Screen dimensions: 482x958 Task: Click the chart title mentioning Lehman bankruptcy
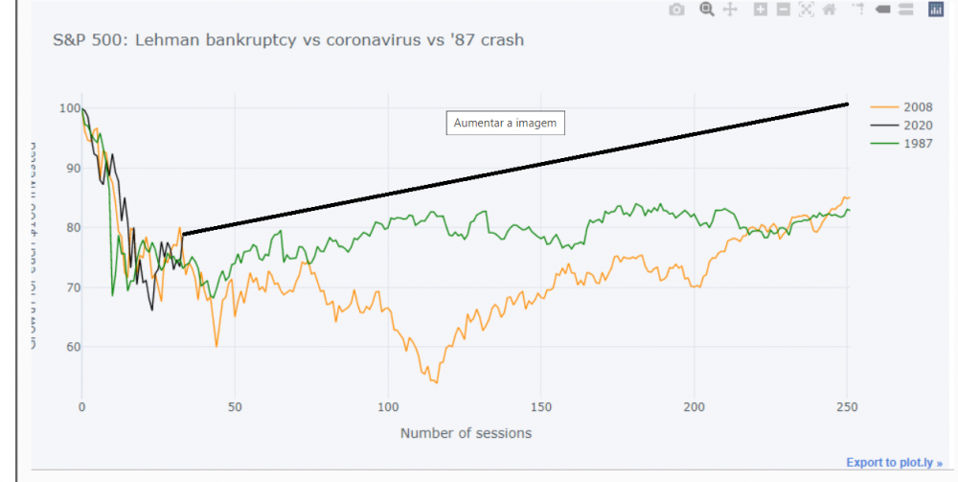pos(288,41)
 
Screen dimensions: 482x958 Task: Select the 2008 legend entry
pos(918,107)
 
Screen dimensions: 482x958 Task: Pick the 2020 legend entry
pos(918,126)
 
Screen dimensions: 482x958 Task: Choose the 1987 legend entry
pos(918,144)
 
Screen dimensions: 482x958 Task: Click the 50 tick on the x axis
pos(235,406)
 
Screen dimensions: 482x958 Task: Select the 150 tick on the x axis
pos(541,406)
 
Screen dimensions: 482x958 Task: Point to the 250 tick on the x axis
pos(848,406)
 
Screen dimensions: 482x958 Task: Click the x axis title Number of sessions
pos(466,433)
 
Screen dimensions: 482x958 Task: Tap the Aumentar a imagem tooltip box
pos(506,123)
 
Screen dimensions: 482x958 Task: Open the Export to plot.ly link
pos(894,463)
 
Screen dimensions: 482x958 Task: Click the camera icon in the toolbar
pos(676,10)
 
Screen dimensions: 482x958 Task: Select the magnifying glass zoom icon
pos(707,10)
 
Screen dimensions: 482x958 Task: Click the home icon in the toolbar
pos(829,10)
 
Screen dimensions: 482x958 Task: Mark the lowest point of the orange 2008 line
pos(436,382)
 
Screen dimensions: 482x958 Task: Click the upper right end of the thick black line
pos(848,103)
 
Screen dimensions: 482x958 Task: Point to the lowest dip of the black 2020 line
pos(152,310)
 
